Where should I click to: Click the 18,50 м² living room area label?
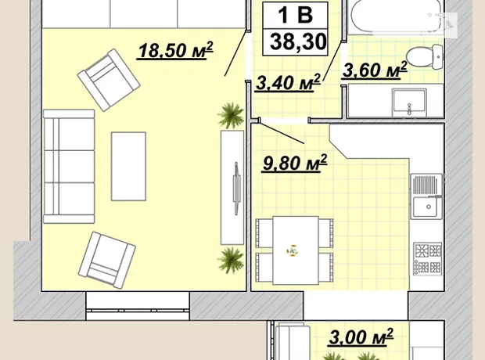[x=175, y=50]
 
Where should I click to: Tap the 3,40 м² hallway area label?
[x=288, y=83]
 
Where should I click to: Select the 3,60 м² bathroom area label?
[x=374, y=70]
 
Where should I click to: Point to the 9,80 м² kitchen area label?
[x=294, y=163]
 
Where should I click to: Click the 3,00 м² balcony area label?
[x=361, y=337]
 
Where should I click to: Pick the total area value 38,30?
[x=298, y=41]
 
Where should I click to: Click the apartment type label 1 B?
[x=295, y=15]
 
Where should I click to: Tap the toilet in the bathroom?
[x=425, y=56]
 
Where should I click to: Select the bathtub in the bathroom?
[x=397, y=16]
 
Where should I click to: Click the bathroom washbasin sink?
[x=410, y=101]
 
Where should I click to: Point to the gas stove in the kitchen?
[x=428, y=258]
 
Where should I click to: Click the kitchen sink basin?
[x=427, y=207]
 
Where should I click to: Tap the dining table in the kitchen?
[x=296, y=250]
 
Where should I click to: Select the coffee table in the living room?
[x=128, y=167]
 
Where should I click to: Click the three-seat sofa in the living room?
[x=69, y=166]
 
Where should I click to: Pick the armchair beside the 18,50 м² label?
[x=109, y=80]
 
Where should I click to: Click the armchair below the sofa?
[x=106, y=260]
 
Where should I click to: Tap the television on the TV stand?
[x=236, y=188]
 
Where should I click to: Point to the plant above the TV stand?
[x=231, y=116]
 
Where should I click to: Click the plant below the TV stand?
[x=231, y=259]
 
